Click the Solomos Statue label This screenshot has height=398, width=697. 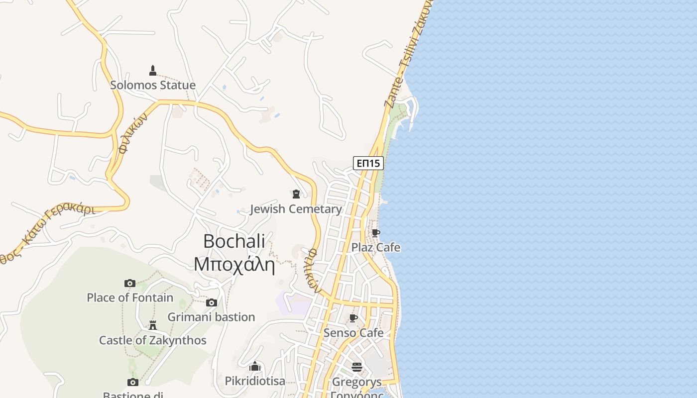pos(152,85)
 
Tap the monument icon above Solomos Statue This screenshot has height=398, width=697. pos(153,70)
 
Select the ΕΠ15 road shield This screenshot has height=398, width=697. pos(368,163)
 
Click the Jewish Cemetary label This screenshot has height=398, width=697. pos(296,209)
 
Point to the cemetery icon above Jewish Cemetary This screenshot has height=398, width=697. pos(296,194)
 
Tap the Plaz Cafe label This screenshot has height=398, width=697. pos(376,247)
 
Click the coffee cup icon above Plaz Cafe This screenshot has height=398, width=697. pos(376,232)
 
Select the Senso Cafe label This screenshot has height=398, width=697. pos(353,333)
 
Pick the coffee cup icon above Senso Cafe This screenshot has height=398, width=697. pos(353,318)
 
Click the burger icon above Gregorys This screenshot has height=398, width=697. pos(357,367)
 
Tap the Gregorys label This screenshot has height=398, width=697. pos(356,382)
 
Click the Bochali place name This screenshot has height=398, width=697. pos(234,241)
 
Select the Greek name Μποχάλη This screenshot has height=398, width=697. pos(234,264)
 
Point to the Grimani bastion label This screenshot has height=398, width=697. pos(211,317)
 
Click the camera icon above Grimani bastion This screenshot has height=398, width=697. pos(211,302)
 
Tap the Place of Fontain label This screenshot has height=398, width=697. pos(130,298)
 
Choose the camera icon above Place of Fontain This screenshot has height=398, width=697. pos(130,283)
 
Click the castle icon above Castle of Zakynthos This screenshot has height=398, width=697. pos(153,325)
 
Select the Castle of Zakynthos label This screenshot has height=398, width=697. pos(152,340)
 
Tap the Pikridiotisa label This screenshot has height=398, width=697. pos(255,381)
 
